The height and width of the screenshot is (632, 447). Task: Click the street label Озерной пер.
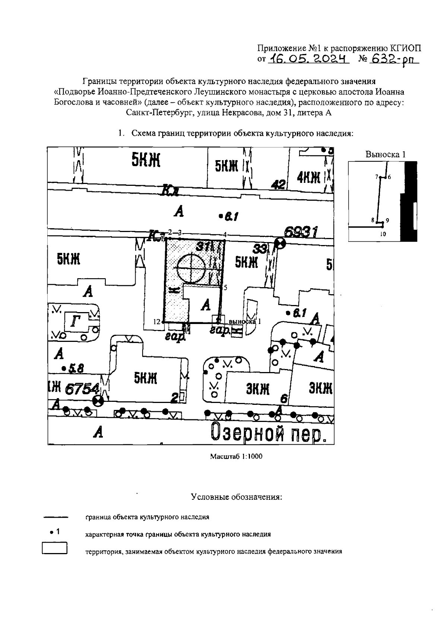(x=266, y=432)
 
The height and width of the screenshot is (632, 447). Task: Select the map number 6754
(x=82, y=389)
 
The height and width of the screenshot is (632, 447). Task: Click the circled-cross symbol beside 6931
(x=280, y=244)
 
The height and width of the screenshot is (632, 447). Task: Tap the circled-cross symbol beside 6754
(x=98, y=401)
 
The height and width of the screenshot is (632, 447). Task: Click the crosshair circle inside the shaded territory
(x=191, y=268)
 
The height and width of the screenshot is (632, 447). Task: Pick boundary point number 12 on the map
(x=156, y=321)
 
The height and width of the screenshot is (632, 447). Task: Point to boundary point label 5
(x=225, y=287)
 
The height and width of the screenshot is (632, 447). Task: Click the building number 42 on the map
(x=278, y=185)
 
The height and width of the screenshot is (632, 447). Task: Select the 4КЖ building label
(x=309, y=178)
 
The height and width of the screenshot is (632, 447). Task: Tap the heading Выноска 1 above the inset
(x=385, y=155)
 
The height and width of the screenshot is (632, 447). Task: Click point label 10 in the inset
(x=383, y=234)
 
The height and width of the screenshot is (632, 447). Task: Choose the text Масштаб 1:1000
(x=236, y=456)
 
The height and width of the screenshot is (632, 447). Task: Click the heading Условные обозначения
(x=237, y=497)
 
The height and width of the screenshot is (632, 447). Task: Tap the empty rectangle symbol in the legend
(x=54, y=549)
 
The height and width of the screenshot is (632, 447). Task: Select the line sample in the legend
(x=56, y=517)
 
